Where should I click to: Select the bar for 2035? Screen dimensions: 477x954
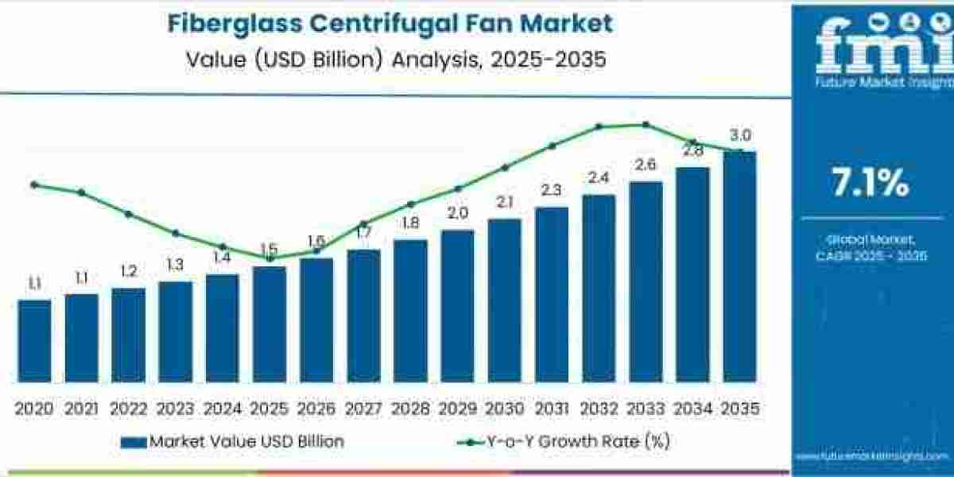(739, 266)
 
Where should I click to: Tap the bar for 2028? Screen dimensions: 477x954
(410, 310)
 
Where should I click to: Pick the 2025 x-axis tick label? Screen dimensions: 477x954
(270, 409)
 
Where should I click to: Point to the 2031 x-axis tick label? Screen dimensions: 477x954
(551, 409)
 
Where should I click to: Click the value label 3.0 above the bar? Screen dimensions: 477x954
(741, 135)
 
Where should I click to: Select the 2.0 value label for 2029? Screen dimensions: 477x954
(457, 213)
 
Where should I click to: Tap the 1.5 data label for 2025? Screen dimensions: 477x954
(270, 249)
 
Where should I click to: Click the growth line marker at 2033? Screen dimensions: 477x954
(646, 124)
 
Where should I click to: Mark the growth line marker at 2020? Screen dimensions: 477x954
(34, 184)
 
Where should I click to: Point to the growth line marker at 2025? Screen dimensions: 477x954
(270, 258)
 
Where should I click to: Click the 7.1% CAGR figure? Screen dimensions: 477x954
(870, 184)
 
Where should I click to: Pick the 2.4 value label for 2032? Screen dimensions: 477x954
(599, 178)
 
